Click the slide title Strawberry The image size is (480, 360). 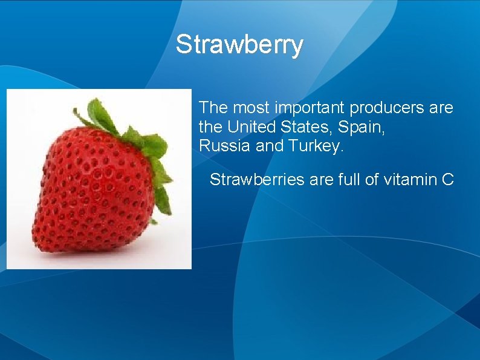pos(239,45)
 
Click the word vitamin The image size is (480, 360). pos(409,180)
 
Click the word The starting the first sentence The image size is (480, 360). pos(213,108)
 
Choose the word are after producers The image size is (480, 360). pos(440,109)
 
